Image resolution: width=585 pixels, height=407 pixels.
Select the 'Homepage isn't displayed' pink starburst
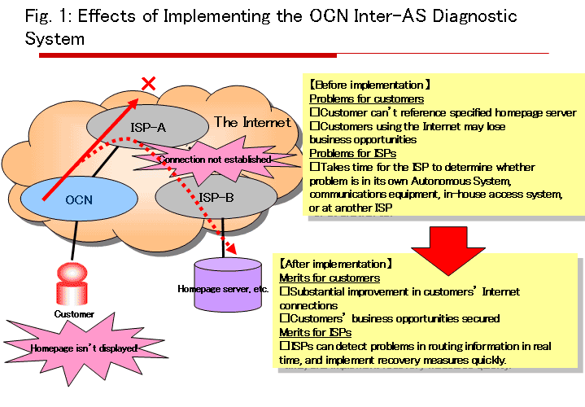81,348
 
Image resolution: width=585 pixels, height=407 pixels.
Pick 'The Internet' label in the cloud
251,122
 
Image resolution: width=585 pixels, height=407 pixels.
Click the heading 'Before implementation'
370,84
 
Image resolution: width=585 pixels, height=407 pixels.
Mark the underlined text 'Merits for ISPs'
312,332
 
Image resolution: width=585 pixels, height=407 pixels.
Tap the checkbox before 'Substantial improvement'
284,291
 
